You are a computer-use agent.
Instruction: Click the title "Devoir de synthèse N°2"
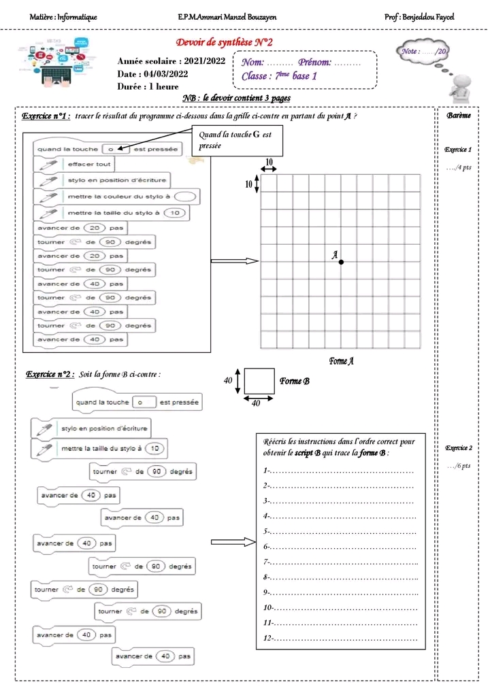[x=225, y=43]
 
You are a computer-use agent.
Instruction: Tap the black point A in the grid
[x=341, y=262]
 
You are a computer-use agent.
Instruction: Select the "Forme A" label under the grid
[x=342, y=361]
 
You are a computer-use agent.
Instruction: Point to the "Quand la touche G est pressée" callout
[x=236, y=141]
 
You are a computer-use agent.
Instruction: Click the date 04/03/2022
[x=153, y=74]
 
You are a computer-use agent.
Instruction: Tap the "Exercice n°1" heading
[x=47, y=116]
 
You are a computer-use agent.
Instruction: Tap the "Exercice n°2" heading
[x=50, y=374]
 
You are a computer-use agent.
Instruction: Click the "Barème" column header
[x=459, y=116]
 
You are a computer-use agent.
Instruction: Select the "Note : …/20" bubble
[x=423, y=52]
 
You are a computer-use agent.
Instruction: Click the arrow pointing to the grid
[x=235, y=261]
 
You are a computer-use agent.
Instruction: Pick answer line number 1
[x=338, y=471]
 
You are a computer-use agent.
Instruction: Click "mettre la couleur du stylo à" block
[x=116, y=196]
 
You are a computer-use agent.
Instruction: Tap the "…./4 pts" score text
[x=459, y=167]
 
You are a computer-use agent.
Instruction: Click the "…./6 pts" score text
[x=459, y=466]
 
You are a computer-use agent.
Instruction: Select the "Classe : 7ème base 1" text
[x=279, y=76]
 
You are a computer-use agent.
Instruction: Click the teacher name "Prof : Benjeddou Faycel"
[x=419, y=16]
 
